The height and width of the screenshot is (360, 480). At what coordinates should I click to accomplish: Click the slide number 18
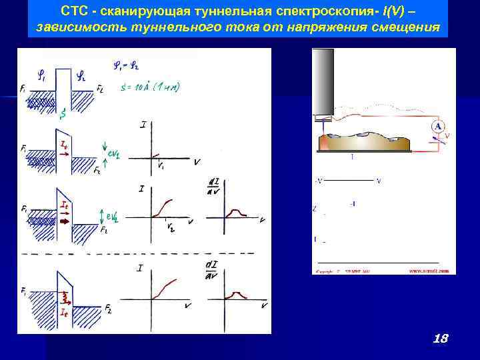pos(439,339)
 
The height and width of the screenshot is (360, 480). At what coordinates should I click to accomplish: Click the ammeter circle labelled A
pos(438,126)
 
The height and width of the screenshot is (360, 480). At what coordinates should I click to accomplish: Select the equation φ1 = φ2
pos(127,65)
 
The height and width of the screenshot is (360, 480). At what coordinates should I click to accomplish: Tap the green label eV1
pos(113,155)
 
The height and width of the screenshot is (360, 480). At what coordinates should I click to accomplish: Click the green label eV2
pos(113,216)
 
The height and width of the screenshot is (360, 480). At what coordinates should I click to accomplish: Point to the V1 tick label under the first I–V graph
pos(163,167)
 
